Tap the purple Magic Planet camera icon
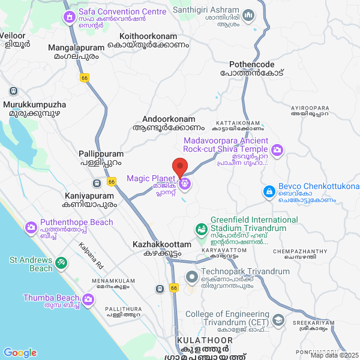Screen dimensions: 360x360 point(185,183)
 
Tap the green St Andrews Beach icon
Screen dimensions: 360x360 point(61,263)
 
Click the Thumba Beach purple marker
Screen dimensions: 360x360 point(89,299)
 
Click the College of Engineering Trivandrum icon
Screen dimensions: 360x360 point(277,322)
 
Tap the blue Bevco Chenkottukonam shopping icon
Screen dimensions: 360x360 point(269,192)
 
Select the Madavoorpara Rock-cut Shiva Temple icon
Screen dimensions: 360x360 point(277,149)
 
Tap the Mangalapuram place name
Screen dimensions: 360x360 point(58,48)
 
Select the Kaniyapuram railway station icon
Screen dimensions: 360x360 point(97,183)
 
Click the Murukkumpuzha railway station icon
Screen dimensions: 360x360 point(13,91)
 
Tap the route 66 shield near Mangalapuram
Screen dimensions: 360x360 point(83,77)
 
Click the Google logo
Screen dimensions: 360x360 point(20,353)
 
